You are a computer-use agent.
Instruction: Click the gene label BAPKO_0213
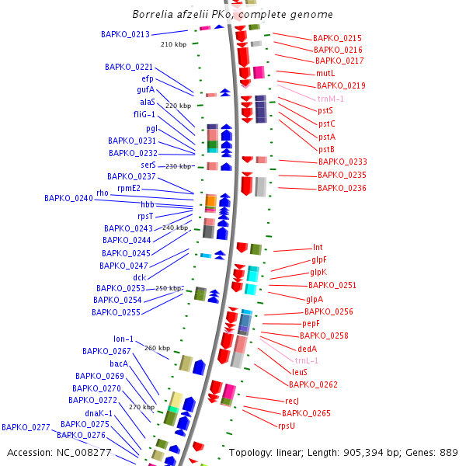(125, 34)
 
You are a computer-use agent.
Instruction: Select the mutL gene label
(325, 73)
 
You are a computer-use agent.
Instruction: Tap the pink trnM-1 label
(331, 99)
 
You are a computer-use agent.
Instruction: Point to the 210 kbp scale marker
(173, 45)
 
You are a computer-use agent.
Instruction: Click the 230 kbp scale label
(178, 166)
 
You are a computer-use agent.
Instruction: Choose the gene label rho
(103, 193)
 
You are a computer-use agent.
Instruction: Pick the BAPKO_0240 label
(68, 198)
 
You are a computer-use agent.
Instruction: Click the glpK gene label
(318, 272)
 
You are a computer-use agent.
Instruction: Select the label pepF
(311, 323)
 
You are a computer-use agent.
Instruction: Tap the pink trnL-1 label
(307, 360)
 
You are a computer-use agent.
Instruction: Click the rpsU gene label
(287, 426)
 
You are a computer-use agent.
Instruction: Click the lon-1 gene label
(123, 339)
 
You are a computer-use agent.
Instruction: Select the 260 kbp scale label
(157, 348)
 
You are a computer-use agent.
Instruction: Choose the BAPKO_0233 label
(343, 162)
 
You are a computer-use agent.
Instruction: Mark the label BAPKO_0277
(26, 427)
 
